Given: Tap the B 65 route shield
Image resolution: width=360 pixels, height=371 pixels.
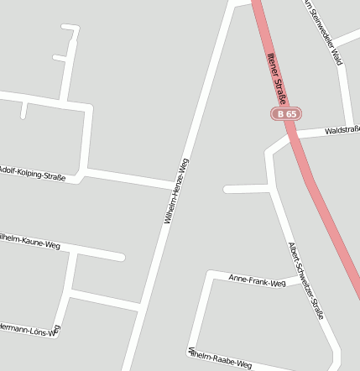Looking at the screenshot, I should [286, 113].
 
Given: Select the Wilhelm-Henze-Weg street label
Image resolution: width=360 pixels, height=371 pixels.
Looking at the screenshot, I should [178, 190].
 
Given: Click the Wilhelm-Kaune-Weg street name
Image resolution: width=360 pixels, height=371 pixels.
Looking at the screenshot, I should [30, 243].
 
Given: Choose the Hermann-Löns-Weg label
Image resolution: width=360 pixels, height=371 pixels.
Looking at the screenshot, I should [29, 328].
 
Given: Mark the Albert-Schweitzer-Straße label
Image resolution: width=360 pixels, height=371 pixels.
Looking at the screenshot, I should [305, 280].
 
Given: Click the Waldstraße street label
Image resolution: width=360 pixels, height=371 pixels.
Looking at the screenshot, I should [342, 129].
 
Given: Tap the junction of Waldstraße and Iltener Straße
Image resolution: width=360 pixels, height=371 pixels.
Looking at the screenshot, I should [294, 136].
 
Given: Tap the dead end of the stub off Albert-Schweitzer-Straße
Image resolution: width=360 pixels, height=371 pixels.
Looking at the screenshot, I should [227, 189].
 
